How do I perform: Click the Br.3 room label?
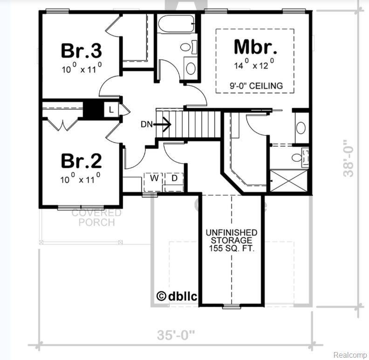coord(82,50)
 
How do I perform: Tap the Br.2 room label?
coord(82,161)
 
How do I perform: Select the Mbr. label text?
coord(255,47)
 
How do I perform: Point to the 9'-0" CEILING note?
coord(255,86)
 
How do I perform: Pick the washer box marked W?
coord(152,179)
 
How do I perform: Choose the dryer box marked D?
coord(175,179)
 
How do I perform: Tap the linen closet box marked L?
coord(111,110)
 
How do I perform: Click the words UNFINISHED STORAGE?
coord(232,236)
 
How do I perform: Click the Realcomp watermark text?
coord(349,354)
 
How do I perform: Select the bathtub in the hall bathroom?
coord(175,23)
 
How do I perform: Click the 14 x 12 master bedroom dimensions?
coord(255,65)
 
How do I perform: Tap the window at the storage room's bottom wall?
coord(232,306)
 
